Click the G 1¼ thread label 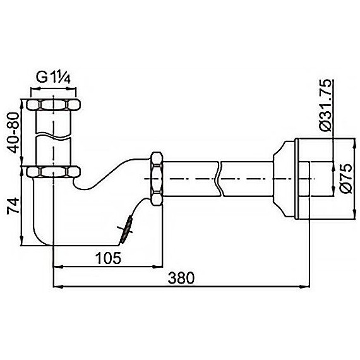(x=53, y=78)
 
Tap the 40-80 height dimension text (x=13, y=133)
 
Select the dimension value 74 (x=13, y=206)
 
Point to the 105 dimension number (x=108, y=258)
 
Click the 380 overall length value (x=181, y=278)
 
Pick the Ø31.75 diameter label (x=326, y=105)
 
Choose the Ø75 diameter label (x=345, y=178)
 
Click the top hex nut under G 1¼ (x=53, y=104)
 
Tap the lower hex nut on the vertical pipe (x=53, y=172)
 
